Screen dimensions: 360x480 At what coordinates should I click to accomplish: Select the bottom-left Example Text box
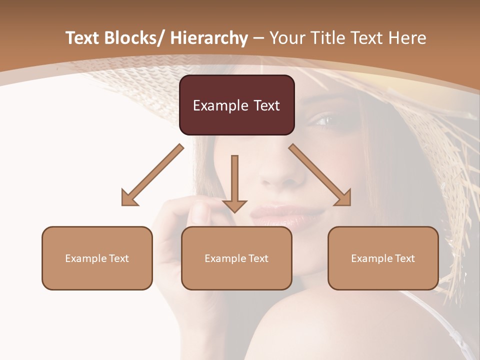[x=97, y=258]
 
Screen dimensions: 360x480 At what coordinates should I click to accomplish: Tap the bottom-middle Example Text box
[x=236, y=258]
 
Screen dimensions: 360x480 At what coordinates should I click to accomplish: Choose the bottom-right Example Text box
[x=383, y=258]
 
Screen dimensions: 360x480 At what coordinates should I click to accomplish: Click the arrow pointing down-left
[x=152, y=175]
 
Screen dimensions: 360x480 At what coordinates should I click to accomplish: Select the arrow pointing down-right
[x=320, y=175]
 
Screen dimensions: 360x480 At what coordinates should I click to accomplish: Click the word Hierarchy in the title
[x=209, y=38]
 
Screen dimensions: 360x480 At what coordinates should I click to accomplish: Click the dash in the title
[x=258, y=38]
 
